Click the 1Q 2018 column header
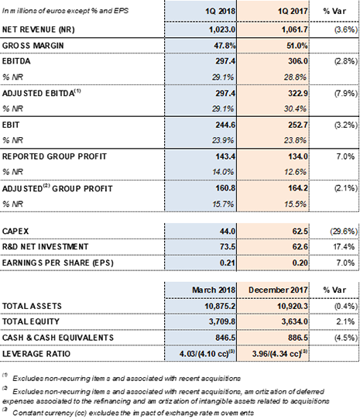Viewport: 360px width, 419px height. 220,11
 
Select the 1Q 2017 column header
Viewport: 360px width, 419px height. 293,11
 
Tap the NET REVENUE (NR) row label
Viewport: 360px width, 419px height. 39,29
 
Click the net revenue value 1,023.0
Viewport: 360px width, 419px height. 222,29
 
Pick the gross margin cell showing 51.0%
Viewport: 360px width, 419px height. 297,46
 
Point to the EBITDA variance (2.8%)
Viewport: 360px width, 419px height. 345,61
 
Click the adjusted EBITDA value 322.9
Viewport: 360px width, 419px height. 298,93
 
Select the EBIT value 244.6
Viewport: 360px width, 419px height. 225,125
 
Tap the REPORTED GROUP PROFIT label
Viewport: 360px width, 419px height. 54,156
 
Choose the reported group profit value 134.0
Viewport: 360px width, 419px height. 298,156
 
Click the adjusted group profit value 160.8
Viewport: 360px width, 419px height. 225,188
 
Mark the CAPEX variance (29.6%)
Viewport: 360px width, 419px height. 344,231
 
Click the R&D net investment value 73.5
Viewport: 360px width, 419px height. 227,246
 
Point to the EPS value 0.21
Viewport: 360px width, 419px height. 228,263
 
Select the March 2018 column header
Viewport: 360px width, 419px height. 214,290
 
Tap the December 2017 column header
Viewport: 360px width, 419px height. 278,290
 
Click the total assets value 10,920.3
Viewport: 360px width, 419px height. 292,306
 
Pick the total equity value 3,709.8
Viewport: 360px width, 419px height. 222,321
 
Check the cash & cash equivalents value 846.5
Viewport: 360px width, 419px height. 225,338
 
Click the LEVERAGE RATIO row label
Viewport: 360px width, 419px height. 36,354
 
